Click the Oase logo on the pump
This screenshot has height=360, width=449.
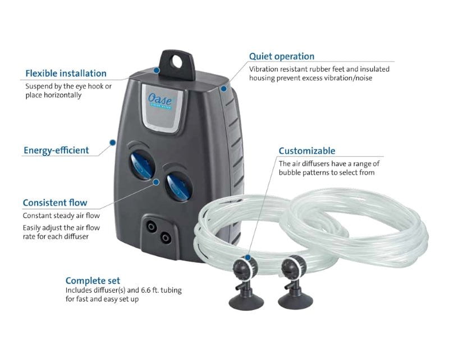[x=160, y=99]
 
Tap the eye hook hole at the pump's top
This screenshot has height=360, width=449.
[x=177, y=62]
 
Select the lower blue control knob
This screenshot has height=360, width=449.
[x=178, y=188]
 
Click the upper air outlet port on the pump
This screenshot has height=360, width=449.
[x=151, y=227]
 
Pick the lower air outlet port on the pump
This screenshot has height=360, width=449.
[x=165, y=238]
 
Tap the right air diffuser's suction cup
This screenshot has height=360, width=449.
[x=295, y=302]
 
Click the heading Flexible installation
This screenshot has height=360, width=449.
[x=66, y=74]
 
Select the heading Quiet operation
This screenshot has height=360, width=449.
[x=282, y=57]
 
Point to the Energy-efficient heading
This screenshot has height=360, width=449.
[x=56, y=150]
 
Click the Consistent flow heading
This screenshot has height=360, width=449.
[x=55, y=203]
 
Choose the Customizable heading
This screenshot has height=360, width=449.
[x=307, y=151]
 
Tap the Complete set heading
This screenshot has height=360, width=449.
[x=93, y=281]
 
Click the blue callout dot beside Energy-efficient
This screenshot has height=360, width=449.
[x=113, y=143]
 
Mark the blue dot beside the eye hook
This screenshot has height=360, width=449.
[x=157, y=70]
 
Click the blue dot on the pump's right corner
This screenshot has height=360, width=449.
[x=223, y=89]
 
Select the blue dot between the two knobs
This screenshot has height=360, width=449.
[x=157, y=182]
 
